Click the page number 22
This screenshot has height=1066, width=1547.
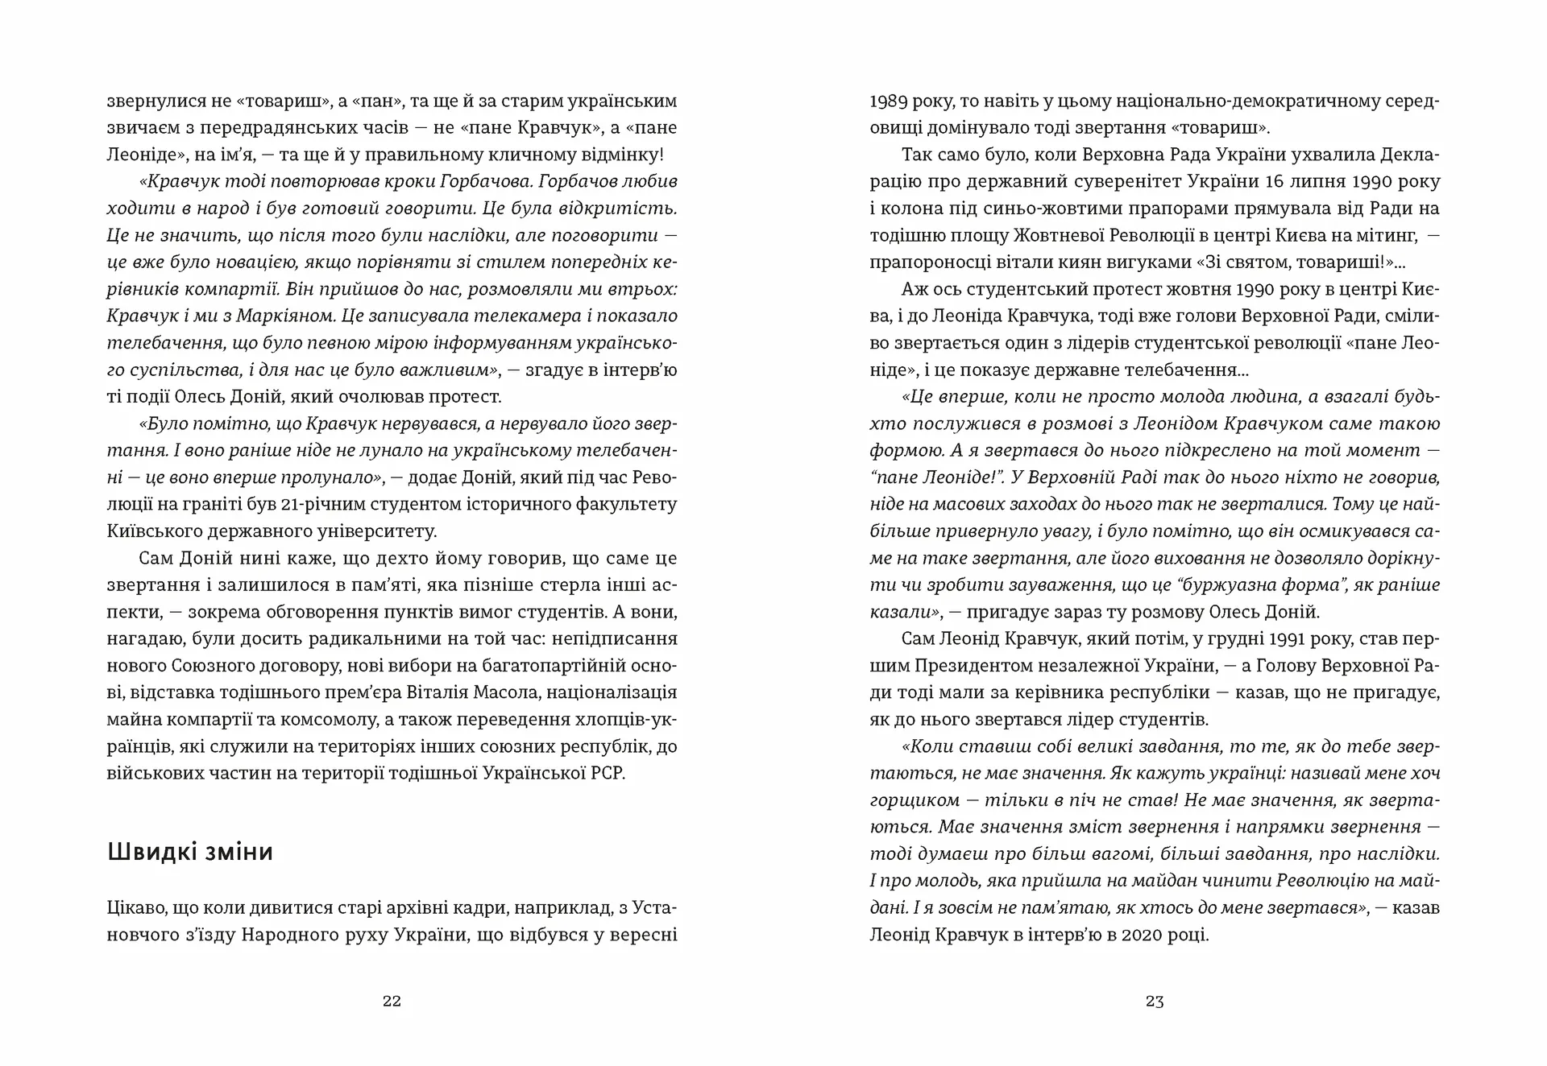click(392, 1002)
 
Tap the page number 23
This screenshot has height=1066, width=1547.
click(1155, 1002)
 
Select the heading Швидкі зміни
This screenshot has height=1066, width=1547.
click(190, 852)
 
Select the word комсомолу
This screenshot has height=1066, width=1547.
click(311, 719)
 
